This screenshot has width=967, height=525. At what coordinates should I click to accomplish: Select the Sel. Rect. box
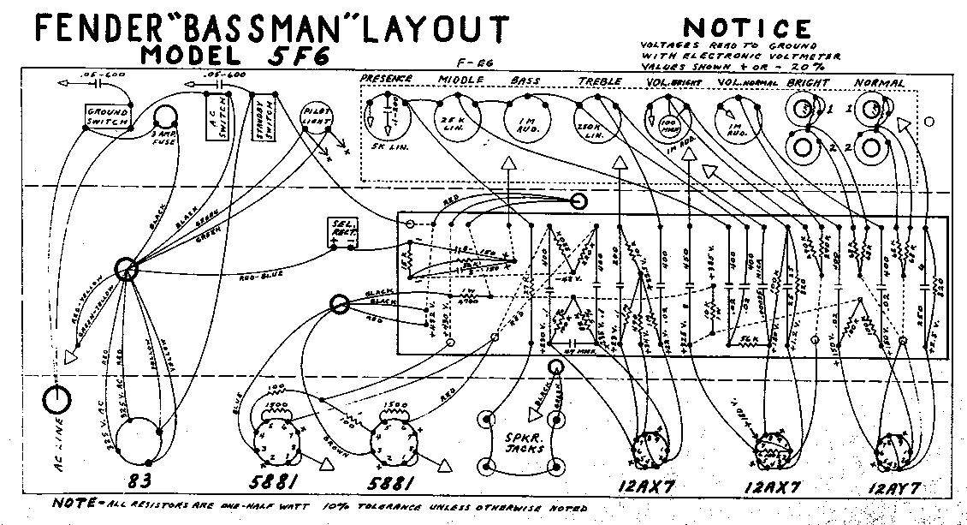tap(342, 232)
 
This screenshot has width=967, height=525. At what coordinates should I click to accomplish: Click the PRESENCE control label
tap(386, 79)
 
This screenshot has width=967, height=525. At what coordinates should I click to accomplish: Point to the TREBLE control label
tap(599, 81)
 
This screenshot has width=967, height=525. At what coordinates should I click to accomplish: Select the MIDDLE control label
tap(462, 80)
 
